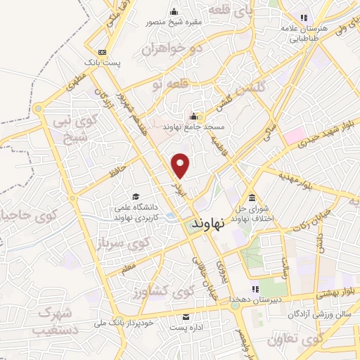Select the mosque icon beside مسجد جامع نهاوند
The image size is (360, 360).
click(x=194, y=116)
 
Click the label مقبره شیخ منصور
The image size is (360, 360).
click(x=174, y=22)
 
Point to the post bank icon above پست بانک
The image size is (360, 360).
click(x=103, y=52)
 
